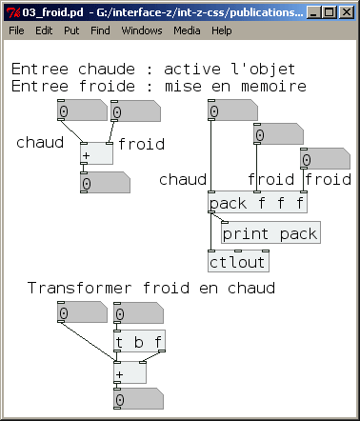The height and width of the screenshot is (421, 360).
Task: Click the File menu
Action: coord(16,30)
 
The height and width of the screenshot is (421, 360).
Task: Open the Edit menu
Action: coord(44,30)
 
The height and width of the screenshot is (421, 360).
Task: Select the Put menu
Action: coord(71,30)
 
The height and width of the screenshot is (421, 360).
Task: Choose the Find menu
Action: coord(100,30)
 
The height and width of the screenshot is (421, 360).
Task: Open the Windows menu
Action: coord(141,30)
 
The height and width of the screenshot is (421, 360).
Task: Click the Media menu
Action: coord(187,30)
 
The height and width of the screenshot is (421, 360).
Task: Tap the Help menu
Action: coord(222,30)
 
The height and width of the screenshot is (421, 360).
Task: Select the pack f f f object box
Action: coord(258,203)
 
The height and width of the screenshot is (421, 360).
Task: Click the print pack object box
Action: coord(270,232)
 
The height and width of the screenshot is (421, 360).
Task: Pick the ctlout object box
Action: coord(238,261)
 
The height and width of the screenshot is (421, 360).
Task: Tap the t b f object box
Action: coord(139,342)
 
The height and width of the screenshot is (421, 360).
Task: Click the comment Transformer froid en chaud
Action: coord(151,288)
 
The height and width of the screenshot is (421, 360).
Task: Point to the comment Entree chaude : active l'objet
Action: coord(153,70)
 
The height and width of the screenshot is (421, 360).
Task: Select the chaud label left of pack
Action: coord(184,179)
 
